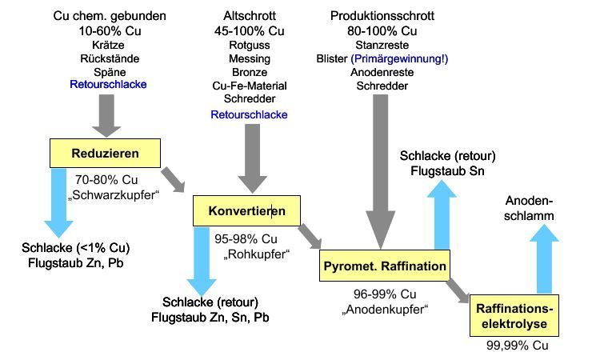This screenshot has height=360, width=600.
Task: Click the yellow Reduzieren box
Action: tap(105, 152)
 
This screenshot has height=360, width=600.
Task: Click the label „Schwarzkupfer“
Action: tap(110, 193)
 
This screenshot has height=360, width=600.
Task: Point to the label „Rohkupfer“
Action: tap(257, 253)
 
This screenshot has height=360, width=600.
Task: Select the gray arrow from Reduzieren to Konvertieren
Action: tap(172, 179)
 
